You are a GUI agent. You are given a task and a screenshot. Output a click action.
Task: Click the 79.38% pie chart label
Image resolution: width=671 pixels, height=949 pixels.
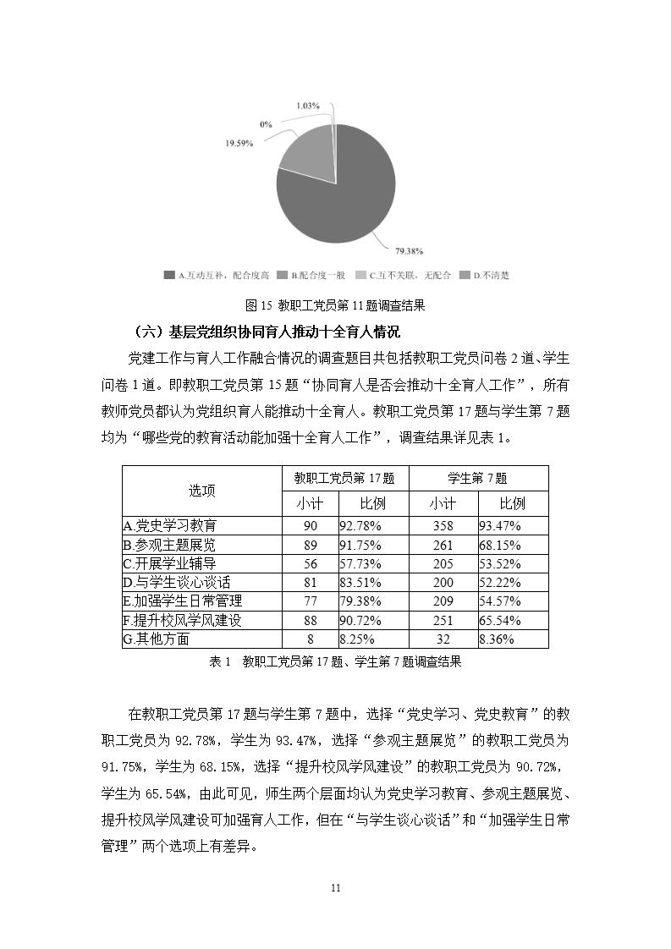[409, 250]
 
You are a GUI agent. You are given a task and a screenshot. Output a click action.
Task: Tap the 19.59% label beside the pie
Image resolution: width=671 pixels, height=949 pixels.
[239, 144]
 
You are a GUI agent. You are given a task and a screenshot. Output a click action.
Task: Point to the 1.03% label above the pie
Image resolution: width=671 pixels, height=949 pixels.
[308, 106]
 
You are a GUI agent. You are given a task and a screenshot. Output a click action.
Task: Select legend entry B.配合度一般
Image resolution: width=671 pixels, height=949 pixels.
[314, 275]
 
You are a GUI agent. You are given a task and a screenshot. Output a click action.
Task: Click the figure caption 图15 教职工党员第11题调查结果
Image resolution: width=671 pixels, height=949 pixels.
[335, 304]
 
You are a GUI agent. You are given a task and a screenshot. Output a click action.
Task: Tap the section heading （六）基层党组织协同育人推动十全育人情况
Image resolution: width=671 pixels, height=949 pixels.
[267, 331]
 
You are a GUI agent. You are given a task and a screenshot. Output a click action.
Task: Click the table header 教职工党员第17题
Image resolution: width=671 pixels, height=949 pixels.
[344, 478]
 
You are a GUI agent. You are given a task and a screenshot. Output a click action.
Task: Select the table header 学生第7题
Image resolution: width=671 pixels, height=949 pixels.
[478, 478]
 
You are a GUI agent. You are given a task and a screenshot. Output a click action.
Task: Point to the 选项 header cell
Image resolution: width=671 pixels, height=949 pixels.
[201, 491]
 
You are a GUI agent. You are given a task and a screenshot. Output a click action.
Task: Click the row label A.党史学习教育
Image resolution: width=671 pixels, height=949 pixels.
[170, 525]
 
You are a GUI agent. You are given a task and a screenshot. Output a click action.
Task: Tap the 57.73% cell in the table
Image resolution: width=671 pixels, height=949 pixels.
[360, 563]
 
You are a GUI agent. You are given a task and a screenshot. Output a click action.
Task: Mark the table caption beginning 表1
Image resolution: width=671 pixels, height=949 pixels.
[335, 662]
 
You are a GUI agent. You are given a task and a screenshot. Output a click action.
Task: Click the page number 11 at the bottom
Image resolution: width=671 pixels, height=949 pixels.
[335, 888]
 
